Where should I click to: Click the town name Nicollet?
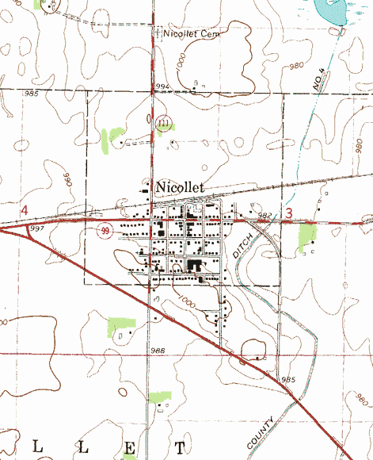(181, 186)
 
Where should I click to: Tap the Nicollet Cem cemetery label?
(191, 34)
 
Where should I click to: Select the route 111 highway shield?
(163, 123)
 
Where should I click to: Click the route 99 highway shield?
(105, 230)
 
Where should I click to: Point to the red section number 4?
(25, 210)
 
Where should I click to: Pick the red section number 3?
(289, 213)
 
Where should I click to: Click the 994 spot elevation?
(163, 86)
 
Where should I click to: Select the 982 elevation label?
(265, 215)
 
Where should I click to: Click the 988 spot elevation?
(156, 351)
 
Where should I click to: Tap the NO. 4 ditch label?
(320, 81)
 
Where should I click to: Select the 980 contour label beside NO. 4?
(297, 67)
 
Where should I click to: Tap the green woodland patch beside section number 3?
(306, 234)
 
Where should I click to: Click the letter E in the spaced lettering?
(128, 448)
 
